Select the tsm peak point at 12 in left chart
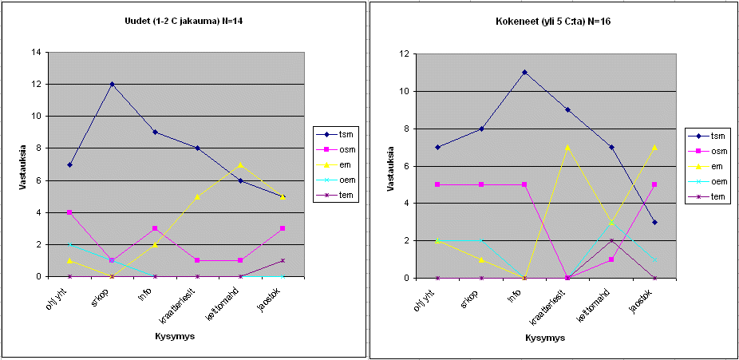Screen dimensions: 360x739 (112, 84)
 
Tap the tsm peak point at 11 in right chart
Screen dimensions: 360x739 (524, 73)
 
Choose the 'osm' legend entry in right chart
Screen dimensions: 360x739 (709, 151)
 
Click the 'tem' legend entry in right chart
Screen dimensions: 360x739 (709, 196)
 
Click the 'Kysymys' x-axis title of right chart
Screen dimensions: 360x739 (546, 338)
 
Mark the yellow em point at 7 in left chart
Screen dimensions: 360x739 (239, 164)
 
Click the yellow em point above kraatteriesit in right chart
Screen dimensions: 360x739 (567, 147)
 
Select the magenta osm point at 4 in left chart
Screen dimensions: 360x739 (69, 212)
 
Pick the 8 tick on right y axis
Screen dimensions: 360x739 (408, 129)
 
